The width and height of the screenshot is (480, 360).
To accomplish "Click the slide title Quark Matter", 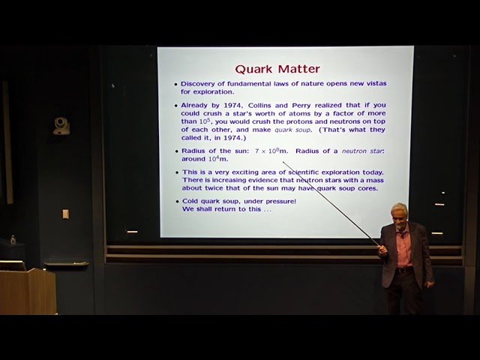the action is pos(277,69).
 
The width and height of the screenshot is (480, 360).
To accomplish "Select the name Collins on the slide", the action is pos(259,105).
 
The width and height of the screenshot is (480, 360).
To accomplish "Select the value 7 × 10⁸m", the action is pos(271,150).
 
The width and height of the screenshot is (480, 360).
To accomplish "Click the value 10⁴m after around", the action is pos(218,158).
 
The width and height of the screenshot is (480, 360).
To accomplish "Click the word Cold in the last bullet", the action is pos(190,201).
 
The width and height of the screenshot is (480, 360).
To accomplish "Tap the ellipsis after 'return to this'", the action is pos(267,210).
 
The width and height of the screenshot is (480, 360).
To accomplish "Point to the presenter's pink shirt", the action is pos(403,249).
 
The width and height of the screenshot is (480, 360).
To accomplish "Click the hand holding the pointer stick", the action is pos(382,250).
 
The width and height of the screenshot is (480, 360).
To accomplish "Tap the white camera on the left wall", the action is pos(61,126).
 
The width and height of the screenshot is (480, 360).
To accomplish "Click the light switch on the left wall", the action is pos(65,214).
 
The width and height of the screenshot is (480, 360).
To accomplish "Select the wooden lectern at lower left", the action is pos(28,291).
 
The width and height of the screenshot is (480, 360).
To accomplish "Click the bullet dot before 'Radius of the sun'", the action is pos(177,151).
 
